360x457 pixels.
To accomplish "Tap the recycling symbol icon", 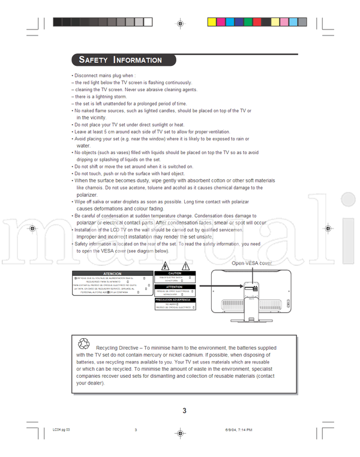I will [x=83, y=344].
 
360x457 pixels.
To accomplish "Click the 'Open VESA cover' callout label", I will [x=252, y=263].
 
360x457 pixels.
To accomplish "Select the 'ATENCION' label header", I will [x=112, y=273].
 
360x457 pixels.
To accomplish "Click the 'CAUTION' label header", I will [x=174, y=273].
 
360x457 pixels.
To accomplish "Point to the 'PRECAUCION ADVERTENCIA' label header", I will [x=174, y=299].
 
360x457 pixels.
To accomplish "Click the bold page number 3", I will [x=185, y=411].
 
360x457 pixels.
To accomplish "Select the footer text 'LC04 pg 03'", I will [x=61, y=429].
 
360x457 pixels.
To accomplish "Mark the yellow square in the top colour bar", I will [x=212, y=22].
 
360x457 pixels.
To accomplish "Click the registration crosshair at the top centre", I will [x=179, y=23].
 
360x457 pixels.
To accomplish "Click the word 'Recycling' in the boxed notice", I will [x=108, y=348].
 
